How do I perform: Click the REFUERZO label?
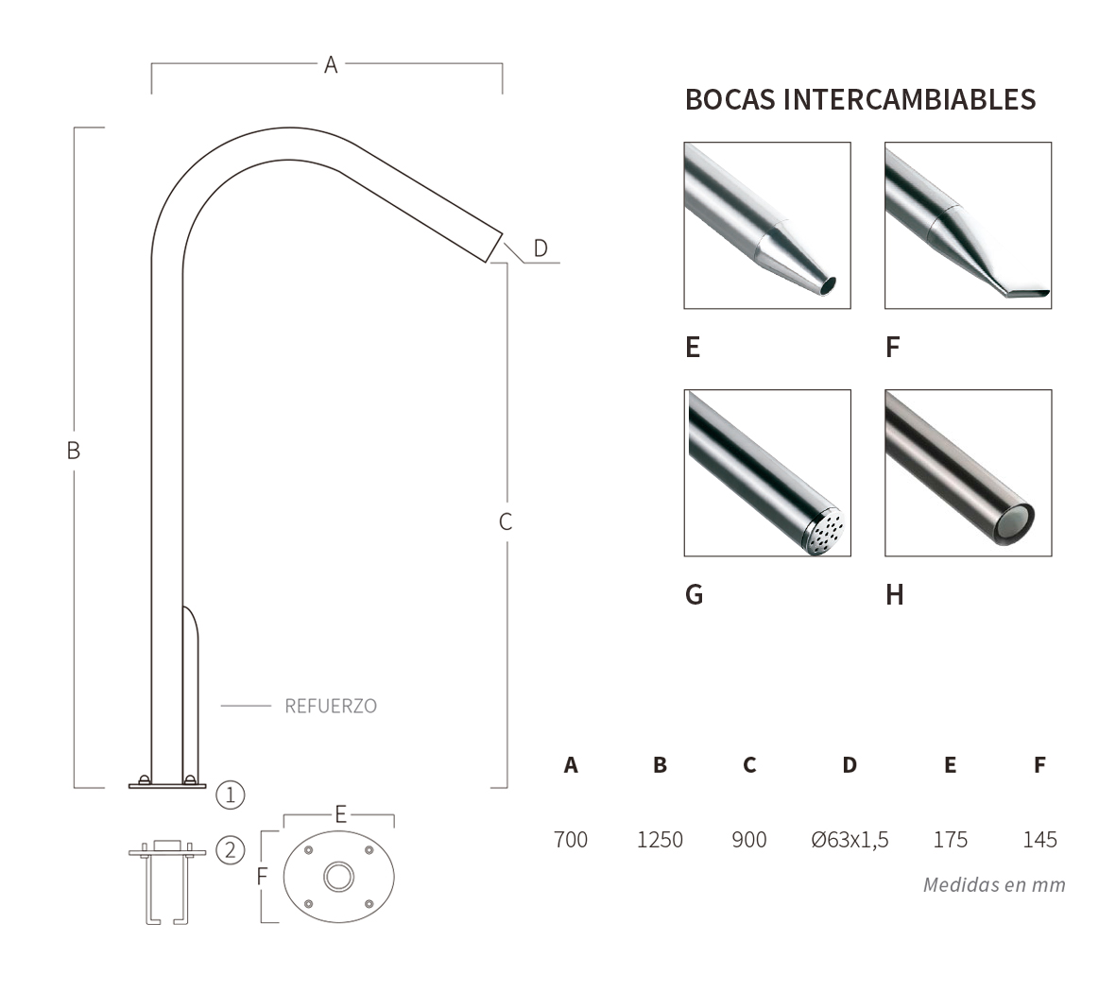[330, 706]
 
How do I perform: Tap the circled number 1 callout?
[231, 794]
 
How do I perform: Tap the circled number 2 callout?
[231, 850]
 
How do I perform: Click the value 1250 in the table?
[660, 839]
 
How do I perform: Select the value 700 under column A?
[571, 839]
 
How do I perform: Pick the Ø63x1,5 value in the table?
[850, 839]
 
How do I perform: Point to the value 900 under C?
[749, 839]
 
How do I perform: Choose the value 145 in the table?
[1039, 839]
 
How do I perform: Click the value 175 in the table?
[950, 839]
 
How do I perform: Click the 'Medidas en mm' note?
[994, 885]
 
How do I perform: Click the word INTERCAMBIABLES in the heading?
[910, 99]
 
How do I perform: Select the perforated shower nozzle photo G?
[767, 472]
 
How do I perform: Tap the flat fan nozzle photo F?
[968, 225]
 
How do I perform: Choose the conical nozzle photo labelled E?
[767, 225]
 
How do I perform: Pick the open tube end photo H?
[968, 472]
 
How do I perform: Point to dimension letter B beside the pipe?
[74, 451]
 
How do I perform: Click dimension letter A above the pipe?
[331, 64]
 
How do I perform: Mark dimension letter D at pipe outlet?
[540, 248]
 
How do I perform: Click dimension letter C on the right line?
[506, 521]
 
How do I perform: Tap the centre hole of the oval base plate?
[337, 877]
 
